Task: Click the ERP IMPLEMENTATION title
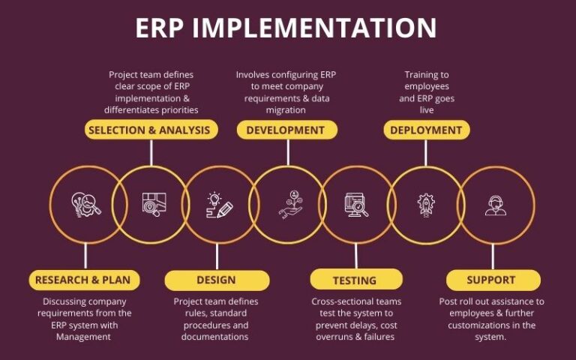point(286,28)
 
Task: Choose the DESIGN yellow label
point(217,280)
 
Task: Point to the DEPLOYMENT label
point(426,130)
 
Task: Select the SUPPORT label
point(491,280)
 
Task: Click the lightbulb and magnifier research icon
point(86,204)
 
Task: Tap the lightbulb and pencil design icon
point(219,204)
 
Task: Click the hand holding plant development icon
point(288,204)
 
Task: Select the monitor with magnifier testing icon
point(356,204)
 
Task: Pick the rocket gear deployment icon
point(425,204)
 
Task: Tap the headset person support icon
point(495,204)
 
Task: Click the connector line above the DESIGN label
point(217,256)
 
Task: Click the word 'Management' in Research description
point(82,337)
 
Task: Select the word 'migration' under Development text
point(285,109)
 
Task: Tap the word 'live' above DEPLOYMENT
point(426,109)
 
